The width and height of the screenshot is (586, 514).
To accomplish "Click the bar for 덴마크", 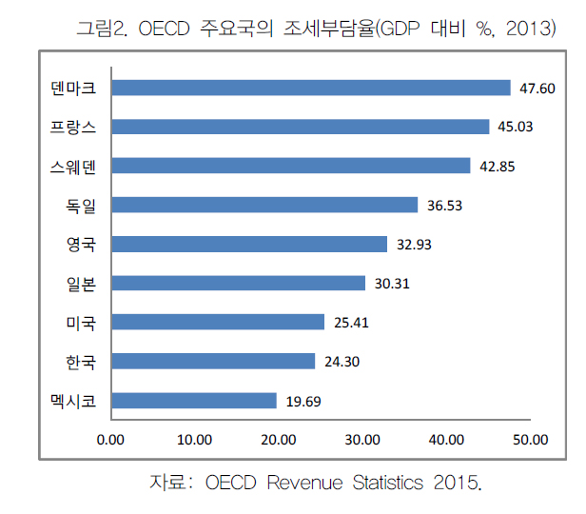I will click(311, 88).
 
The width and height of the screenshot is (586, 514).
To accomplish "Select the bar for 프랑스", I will click(300, 127).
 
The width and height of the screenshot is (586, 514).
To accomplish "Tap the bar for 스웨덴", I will click(290, 166).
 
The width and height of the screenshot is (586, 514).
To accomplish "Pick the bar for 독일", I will click(264, 205).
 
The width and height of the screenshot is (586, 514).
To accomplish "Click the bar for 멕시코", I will click(193, 401).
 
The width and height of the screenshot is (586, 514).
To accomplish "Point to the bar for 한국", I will click(213, 362).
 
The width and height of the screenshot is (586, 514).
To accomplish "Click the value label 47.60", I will click(537, 89).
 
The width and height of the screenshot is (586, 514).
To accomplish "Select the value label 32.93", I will click(414, 245).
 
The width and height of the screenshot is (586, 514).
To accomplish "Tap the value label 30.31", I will click(392, 284).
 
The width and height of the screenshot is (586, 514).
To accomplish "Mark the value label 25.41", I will click(351, 323).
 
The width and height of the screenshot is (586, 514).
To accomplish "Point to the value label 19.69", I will click(303, 402).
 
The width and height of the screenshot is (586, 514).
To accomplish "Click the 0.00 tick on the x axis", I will click(111, 440).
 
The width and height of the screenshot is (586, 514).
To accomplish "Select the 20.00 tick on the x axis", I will click(279, 440).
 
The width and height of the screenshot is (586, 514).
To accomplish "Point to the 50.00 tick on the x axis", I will click(530, 440).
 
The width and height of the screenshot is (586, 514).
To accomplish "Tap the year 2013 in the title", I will click(525, 29).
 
